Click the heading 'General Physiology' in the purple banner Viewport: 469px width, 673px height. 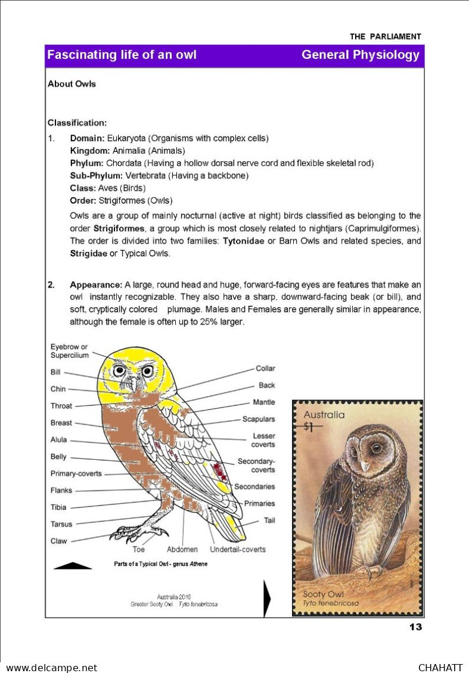pyautogui.click(x=360, y=55)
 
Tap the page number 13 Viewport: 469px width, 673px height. pyautogui.click(x=415, y=627)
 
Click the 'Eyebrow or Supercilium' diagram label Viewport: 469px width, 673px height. pyautogui.click(x=69, y=351)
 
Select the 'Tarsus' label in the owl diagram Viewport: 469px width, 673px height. pyautogui.click(x=61, y=525)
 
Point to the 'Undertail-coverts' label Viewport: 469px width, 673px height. pyautogui.click(x=238, y=549)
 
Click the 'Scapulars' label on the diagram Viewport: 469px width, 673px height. pyautogui.click(x=259, y=419)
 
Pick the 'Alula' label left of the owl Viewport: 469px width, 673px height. pyautogui.click(x=59, y=440)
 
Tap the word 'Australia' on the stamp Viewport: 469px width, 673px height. pyautogui.click(x=324, y=415)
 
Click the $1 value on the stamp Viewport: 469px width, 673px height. pyautogui.click(x=309, y=426)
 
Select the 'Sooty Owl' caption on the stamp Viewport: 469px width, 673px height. pyautogui.click(x=323, y=594)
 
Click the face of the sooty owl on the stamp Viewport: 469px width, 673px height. pyautogui.click(x=365, y=450)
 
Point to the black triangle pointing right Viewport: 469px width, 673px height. pyautogui.click(x=266, y=599)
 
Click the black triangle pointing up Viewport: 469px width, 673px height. pyautogui.click(x=73, y=566)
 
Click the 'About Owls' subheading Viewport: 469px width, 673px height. pyautogui.click(x=72, y=84)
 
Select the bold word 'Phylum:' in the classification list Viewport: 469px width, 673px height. pyautogui.click(x=87, y=163)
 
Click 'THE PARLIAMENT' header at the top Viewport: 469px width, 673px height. pyautogui.click(x=385, y=36)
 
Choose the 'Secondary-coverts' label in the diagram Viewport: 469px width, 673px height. pyautogui.click(x=256, y=465)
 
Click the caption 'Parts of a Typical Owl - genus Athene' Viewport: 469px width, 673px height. pyautogui.click(x=161, y=564)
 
